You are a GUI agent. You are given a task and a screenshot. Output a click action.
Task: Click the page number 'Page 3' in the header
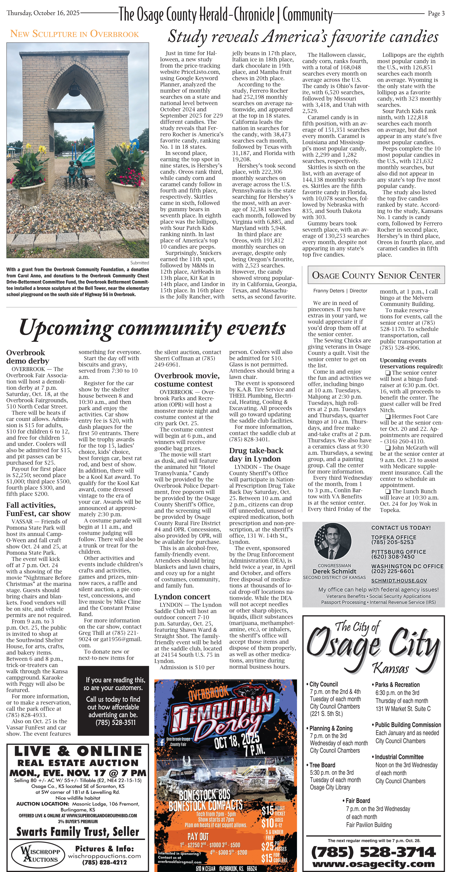[x=436, y=14]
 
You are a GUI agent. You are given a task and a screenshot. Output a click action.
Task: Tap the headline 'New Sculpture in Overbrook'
[x=74, y=34]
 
